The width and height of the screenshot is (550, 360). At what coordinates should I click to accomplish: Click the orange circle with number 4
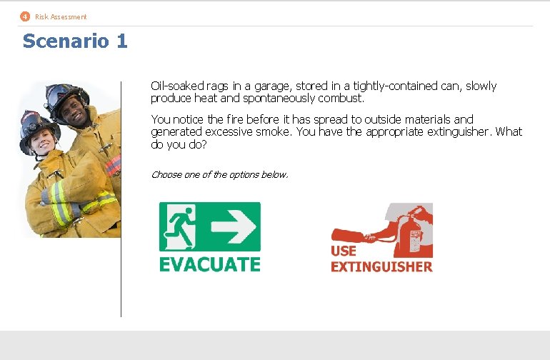pyautogui.click(x=25, y=16)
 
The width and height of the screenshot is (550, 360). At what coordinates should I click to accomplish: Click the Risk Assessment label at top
pyautogui.click(x=61, y=16)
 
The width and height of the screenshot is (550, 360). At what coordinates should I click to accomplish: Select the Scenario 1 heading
pyautogui.click(x=75, y=41)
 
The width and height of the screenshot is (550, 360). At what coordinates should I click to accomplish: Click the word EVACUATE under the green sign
pyautogui.click(x=209, y=264)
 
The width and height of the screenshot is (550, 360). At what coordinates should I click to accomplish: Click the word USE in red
pyautogui.click(x=343, y=251)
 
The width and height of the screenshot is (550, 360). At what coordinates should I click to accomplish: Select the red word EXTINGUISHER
pyautogui.click(x=381, y=267)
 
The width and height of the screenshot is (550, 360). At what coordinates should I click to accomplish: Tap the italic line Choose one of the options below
pyautogui.click(x=219, y=174)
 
